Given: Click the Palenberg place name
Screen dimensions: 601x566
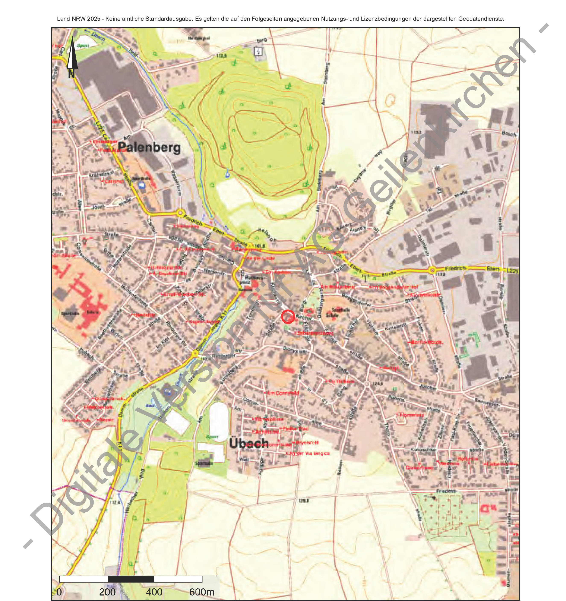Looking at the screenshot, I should point(149,148).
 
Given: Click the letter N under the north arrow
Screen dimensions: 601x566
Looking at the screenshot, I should point(71,74).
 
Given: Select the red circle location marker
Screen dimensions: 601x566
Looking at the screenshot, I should point(288,317).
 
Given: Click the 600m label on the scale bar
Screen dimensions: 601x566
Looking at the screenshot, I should point(201,592).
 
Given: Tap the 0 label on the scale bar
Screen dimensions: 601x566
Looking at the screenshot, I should point(59,592).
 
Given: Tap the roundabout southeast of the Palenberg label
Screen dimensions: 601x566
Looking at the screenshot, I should point(180,213).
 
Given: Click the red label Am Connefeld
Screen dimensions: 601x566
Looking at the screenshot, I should point(282,393).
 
